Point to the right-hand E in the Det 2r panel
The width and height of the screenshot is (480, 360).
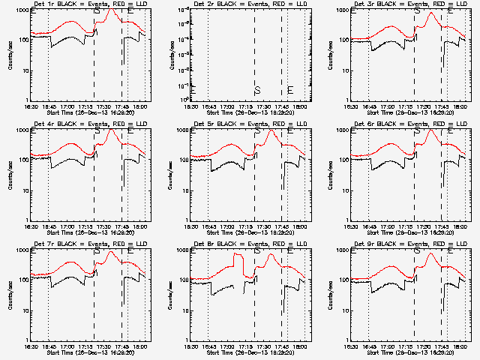290,90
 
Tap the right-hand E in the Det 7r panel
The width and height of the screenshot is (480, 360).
130,250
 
